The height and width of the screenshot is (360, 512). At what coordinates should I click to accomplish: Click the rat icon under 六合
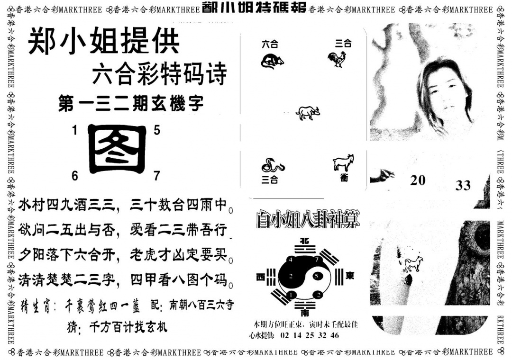pyautogui.click(x=272, y=61)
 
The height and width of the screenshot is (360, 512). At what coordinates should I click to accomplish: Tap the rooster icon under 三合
pyautogui.click(x=337, y=59)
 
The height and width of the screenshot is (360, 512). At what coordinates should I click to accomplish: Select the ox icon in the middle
pyautogui.click(x=308, y=113)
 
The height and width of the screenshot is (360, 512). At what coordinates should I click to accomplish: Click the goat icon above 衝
pyautogui.click(x=344, y=162)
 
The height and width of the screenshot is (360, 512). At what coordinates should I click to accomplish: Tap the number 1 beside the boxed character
pyautogui.click(x=74, y=130)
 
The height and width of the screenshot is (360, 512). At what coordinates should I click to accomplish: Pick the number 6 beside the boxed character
pyautogui.click(x=74, y=176)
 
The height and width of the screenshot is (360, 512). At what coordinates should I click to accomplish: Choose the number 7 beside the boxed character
pyautogui.click(x=157, y=176)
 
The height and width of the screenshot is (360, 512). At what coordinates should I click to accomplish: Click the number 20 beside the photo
pyautogui.click(x=418, y=180)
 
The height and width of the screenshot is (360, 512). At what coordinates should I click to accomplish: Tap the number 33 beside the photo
pyautogui.click(x=463, y=185)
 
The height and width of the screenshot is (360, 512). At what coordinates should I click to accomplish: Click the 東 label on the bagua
pyautogui.click(x=349, y=275)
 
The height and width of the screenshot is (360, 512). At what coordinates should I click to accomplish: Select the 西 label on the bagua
pyautogui.click(x=261, y=276)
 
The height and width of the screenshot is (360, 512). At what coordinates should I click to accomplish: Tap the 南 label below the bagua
pyautogui.click(x=304, y=313)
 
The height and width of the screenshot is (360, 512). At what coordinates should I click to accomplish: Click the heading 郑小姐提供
pyautogui.click(x=104, y=43)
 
